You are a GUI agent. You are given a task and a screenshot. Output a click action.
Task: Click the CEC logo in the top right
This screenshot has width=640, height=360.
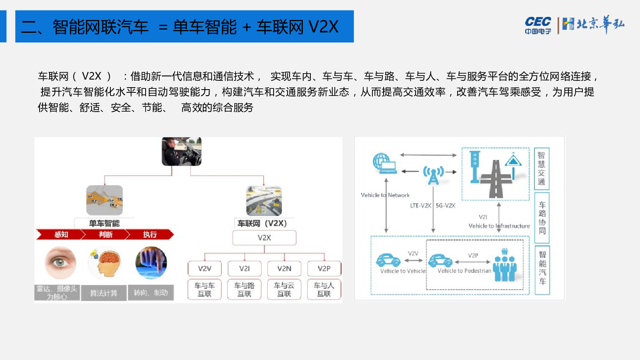pos(538,25)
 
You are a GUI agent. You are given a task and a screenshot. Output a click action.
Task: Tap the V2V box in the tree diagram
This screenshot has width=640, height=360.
pos(204,268)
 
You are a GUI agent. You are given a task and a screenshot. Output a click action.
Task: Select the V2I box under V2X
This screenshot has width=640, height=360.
pos(244,268)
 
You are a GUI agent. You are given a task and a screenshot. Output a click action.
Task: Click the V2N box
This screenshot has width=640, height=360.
pos(284,268)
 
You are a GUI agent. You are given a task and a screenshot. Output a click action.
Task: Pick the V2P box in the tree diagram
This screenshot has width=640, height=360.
pos(324,268)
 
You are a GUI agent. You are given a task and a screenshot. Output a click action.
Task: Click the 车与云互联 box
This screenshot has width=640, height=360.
pos(284,289)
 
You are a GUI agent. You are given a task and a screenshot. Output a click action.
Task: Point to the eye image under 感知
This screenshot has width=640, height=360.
pos(60,262)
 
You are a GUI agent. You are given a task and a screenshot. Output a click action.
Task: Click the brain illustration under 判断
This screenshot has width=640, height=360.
pos(105,262)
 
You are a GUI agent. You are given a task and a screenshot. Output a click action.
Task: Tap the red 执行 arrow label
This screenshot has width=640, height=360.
pos(150,234)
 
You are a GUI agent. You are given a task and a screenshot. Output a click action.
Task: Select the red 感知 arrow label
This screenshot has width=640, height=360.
pos(61,234)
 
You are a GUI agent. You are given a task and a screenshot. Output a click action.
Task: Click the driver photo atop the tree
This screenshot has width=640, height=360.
pos(181,152)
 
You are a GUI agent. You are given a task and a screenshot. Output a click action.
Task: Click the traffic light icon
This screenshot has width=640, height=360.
pos(475,166)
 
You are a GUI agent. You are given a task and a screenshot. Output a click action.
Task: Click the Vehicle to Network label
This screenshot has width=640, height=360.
pos(385,195)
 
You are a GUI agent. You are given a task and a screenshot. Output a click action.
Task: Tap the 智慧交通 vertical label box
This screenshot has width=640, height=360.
pos(542,168)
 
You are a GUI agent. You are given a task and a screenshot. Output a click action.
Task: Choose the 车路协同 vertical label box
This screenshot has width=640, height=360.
pos(542,218)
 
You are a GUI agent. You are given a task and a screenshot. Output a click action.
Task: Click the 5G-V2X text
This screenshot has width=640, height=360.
pos(445,206)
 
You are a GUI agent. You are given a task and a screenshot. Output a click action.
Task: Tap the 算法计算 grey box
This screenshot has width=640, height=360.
pos(104,293)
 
